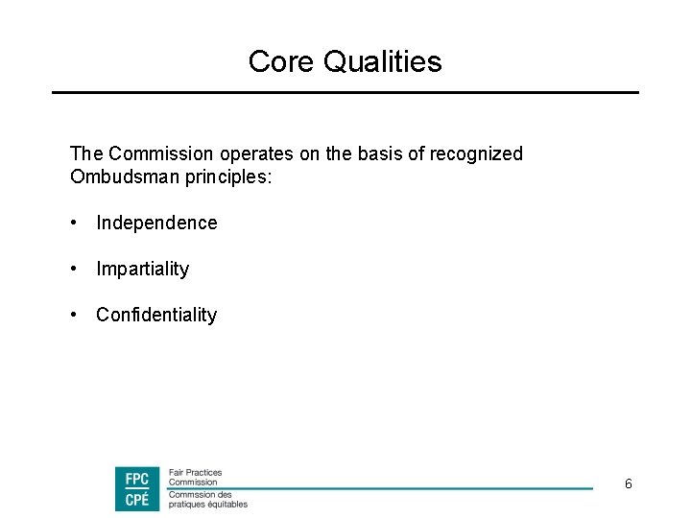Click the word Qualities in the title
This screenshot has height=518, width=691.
click(382, 62)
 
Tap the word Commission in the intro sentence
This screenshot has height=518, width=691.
click(161, 153)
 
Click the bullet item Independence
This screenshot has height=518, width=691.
click(156, 223)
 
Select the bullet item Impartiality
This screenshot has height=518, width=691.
click(142, 269)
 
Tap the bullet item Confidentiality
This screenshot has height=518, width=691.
click(156, 315)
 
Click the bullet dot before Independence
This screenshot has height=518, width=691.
click(74, 223)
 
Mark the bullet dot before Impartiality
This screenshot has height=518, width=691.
click(74, 269)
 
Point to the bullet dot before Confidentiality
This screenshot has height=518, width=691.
click(74, 315)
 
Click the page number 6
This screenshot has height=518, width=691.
click(628, 484)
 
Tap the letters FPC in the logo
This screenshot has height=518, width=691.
click(137, 478)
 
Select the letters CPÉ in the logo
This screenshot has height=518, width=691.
click(137, 499)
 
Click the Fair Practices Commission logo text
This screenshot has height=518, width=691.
click(195, 477)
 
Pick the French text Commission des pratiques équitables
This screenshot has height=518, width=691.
click(207, 499)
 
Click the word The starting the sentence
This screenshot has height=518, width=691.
click(85, 153)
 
